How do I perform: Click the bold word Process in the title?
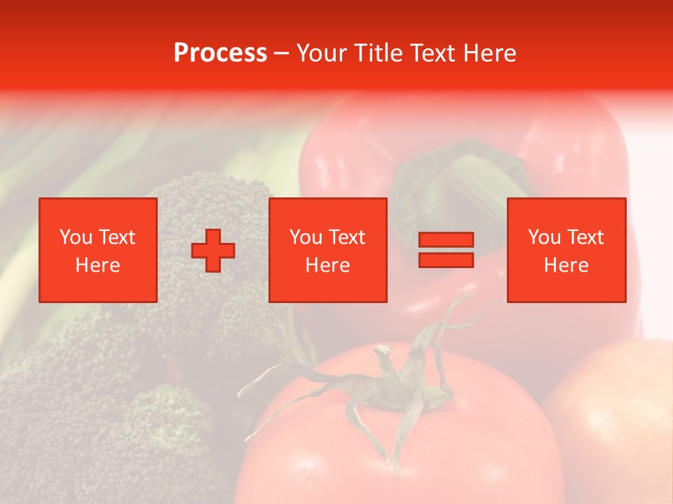coord(220,53)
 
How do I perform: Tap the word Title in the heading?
coord(378,53)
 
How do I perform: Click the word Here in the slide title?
coord(489,53)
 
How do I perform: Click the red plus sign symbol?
coord(213,251)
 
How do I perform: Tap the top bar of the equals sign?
coord(446,239)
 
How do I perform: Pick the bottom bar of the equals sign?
coord(446,260)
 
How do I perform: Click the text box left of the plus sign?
coord(97,250)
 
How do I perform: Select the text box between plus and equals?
coord(327,250)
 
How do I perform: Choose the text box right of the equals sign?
coord(566,250)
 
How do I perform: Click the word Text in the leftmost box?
coord(116,237)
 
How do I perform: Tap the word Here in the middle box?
coord(327,265)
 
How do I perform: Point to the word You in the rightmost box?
coord(545,237)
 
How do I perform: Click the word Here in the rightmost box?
coord(566,265)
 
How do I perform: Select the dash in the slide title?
coord(282,53)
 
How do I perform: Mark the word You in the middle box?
coord(306,237)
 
